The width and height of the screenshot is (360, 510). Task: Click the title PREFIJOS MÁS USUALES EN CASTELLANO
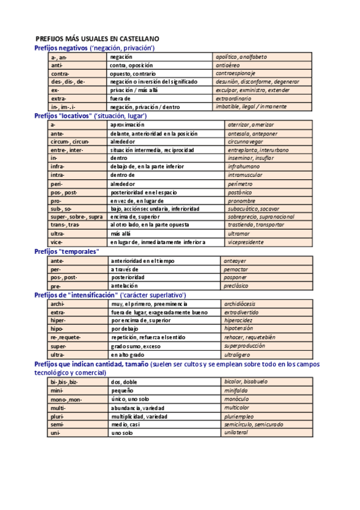[105, 38]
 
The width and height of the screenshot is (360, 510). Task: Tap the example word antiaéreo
[231, 64]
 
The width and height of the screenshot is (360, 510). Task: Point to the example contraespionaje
[240, 73]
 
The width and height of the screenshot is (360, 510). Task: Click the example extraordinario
[239, 98]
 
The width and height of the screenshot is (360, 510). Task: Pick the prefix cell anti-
[57, 64]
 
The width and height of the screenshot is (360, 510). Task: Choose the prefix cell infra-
[58, 166]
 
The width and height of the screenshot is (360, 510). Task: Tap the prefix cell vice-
[57, 242]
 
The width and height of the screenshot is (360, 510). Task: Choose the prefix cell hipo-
[58, 330]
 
